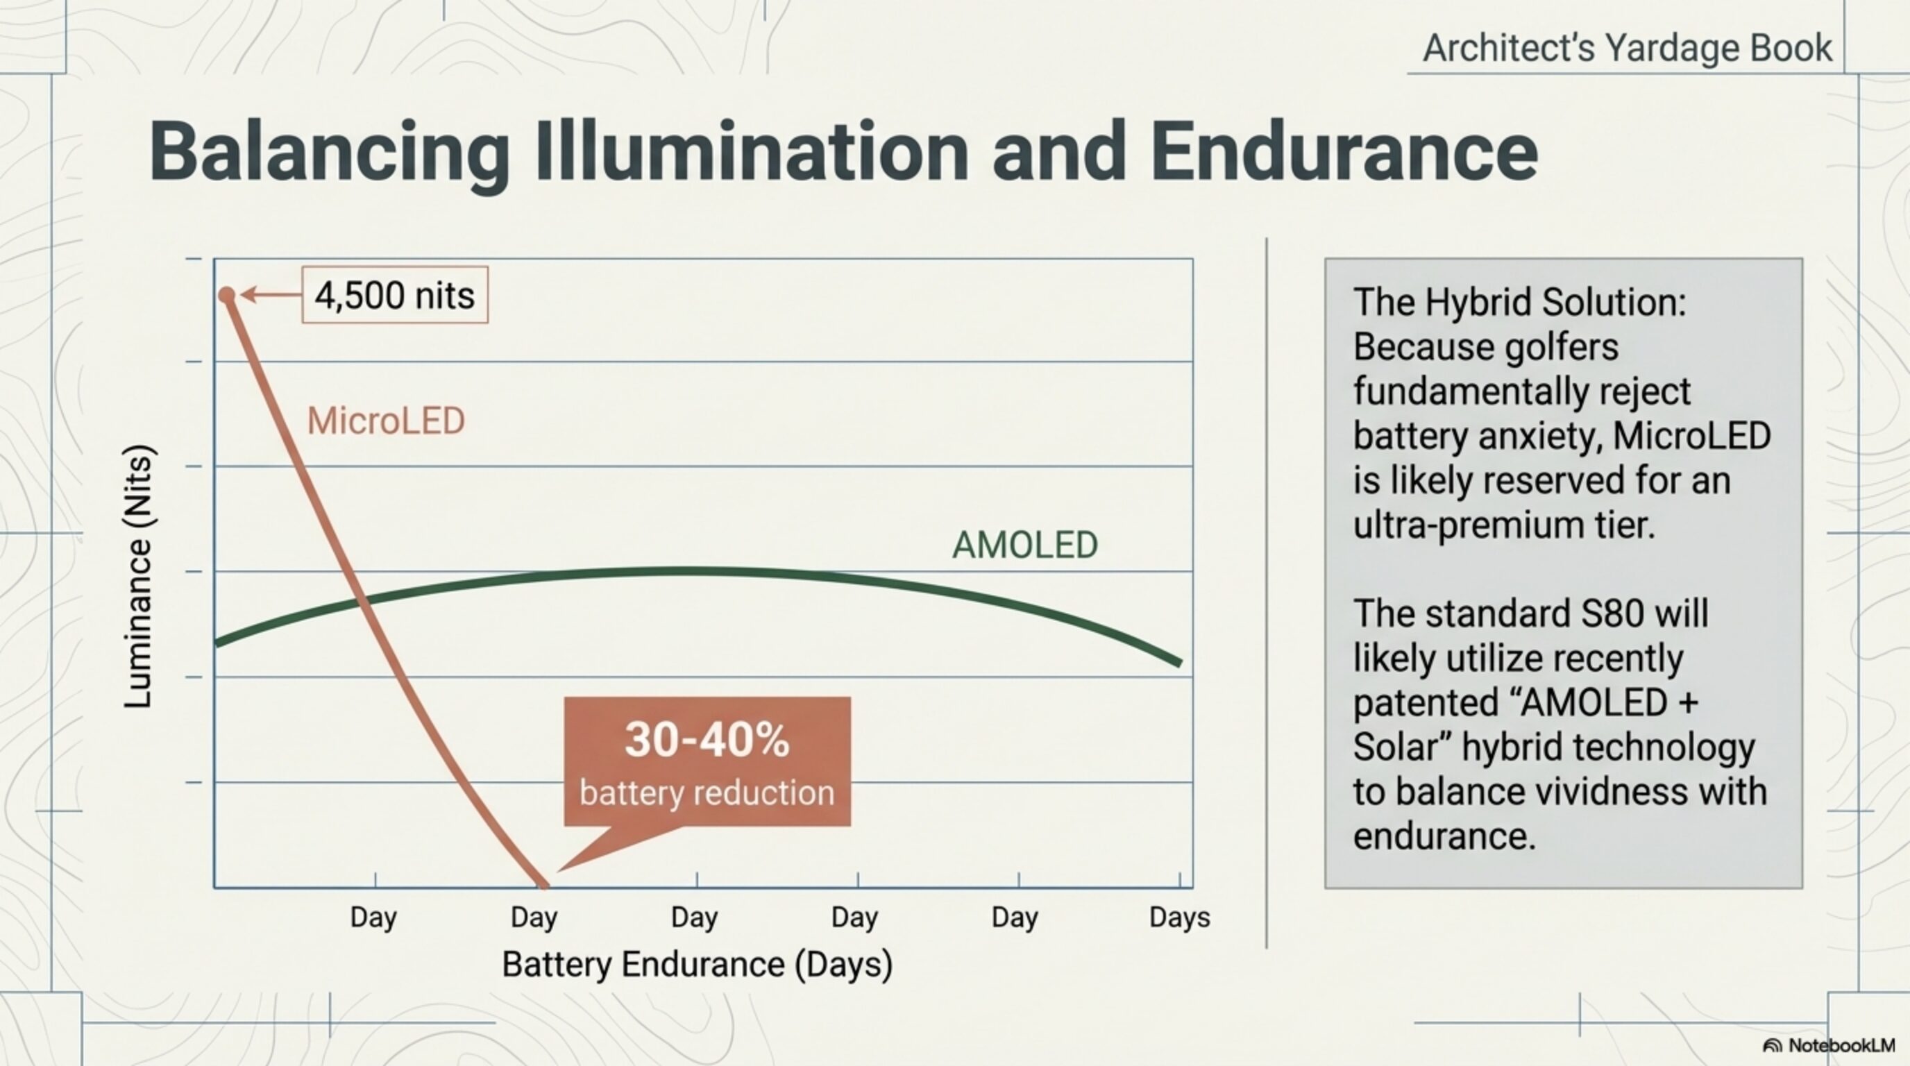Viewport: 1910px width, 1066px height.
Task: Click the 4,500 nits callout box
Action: pos(394,295)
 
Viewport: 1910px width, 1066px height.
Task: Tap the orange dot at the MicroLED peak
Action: pos(227,296)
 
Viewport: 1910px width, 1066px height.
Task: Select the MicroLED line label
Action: pos(386,421)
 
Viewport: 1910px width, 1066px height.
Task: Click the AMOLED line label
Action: pos(1024,545)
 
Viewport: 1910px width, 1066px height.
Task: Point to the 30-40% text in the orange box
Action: pos(707,740)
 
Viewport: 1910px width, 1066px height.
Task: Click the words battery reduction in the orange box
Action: pos(707,793)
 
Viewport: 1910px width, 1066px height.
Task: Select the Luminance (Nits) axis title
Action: pos(138,577)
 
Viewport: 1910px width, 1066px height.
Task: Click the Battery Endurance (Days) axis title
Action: pos(697,965)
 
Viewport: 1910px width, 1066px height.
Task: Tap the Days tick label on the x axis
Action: pos(1179,917)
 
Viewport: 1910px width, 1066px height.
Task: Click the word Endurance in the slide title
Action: pos(1344,152)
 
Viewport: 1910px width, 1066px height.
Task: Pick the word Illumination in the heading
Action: pos(750,152)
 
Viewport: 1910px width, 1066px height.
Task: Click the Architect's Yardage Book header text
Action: pos(1627,48)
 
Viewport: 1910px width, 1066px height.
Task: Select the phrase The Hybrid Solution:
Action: pos(1519,303)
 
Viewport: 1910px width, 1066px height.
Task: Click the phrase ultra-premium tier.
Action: pos(1504,525)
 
